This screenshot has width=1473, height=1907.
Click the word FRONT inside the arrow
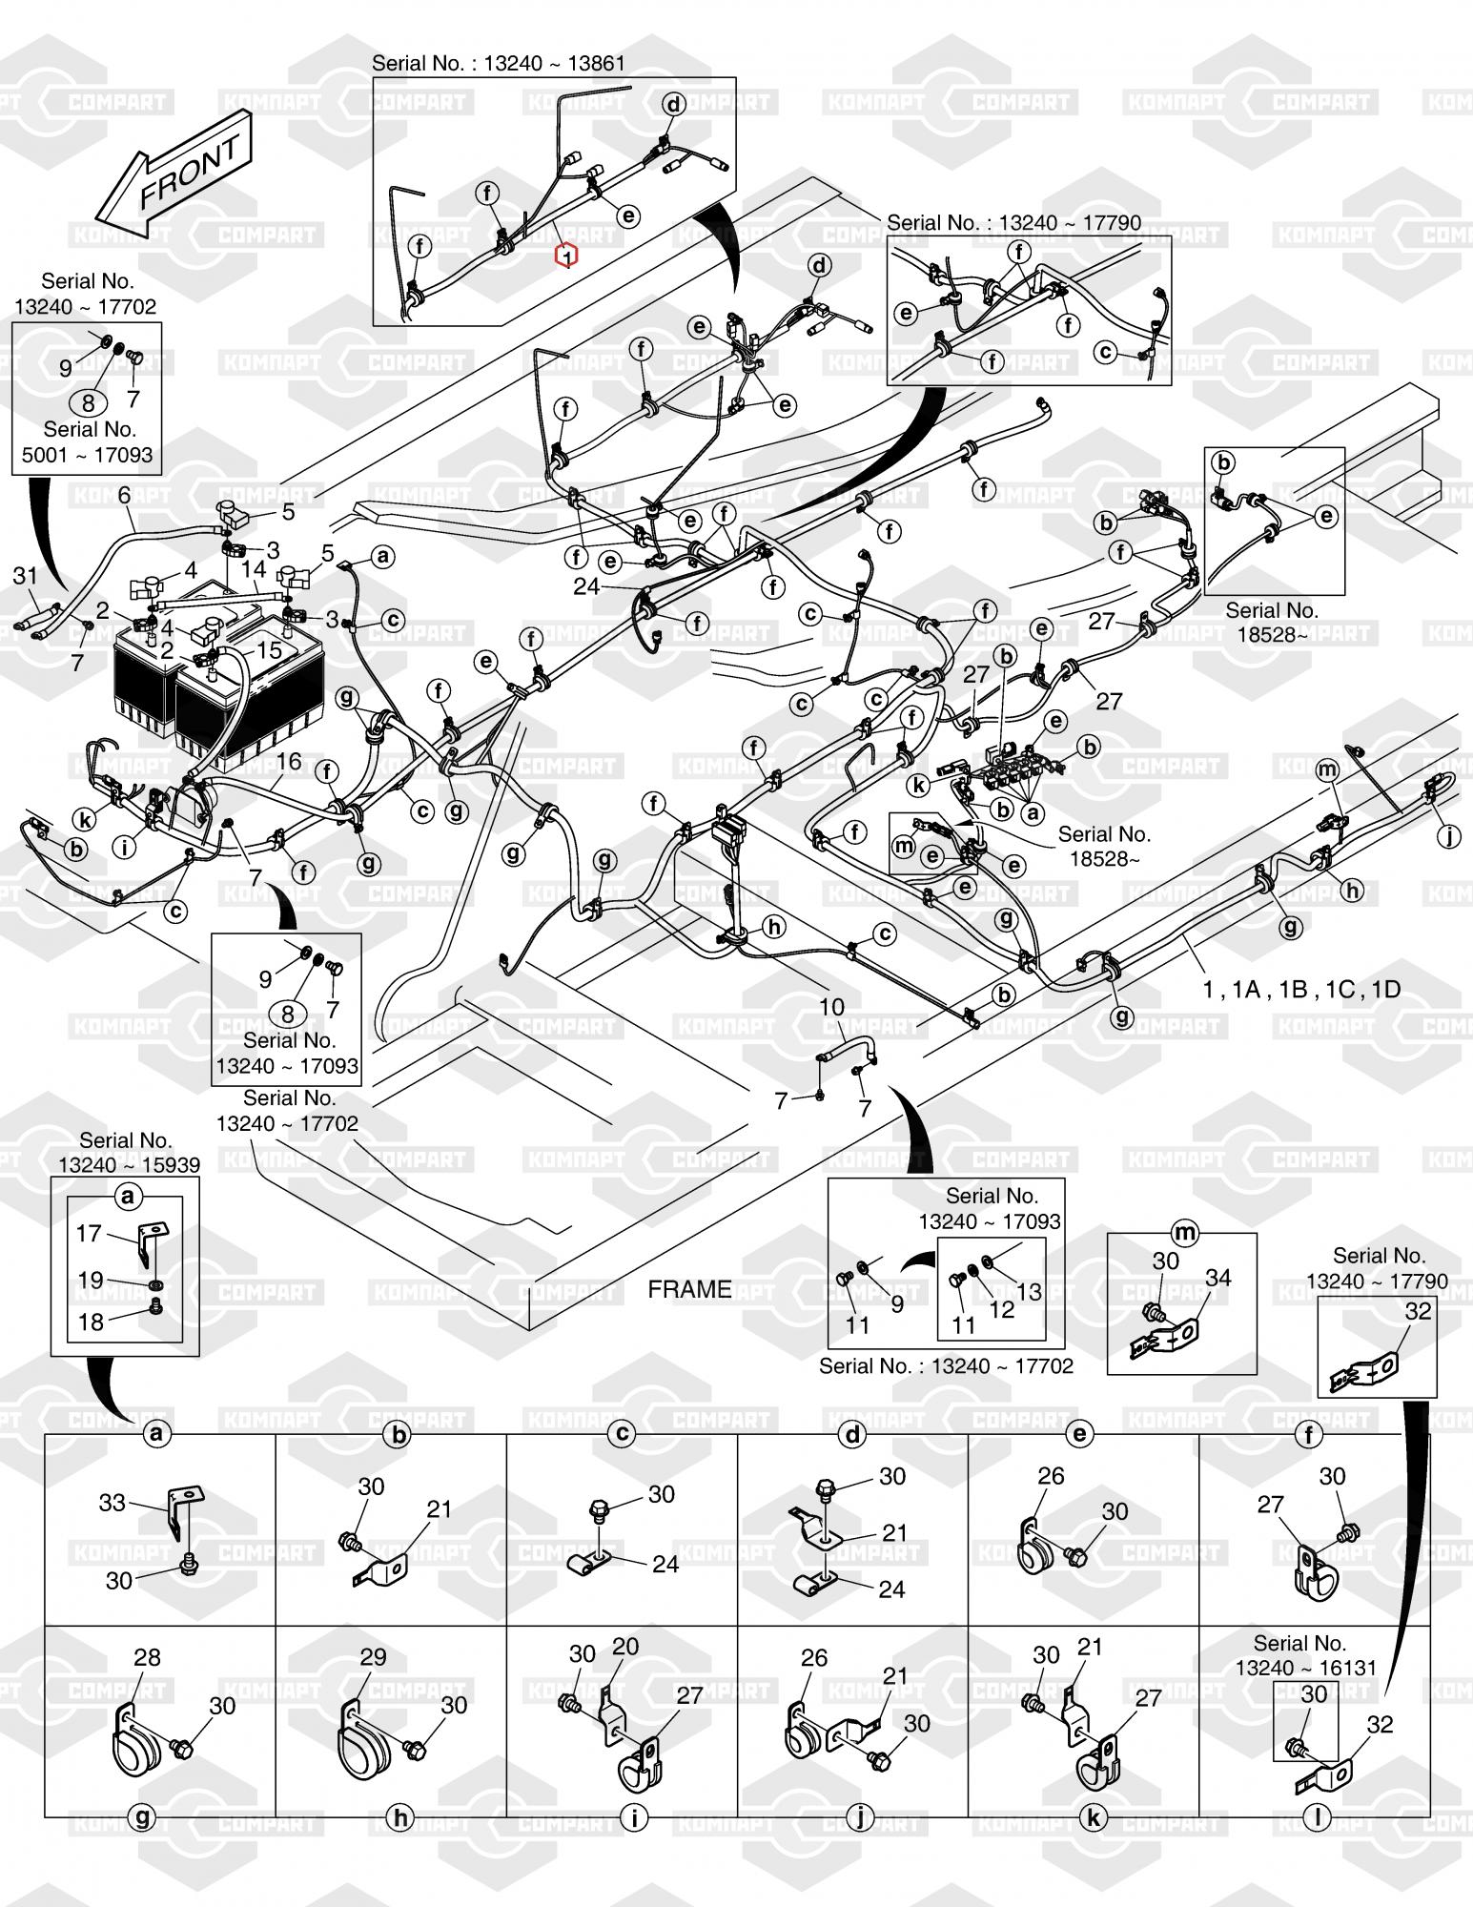tap(191, 173)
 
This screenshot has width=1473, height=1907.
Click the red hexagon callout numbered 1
tap(567, 256)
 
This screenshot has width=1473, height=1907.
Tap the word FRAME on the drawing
tap(689, 1289)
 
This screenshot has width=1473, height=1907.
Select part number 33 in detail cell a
tap(113, 1503)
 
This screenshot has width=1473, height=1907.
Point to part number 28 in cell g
tap(147, 1657)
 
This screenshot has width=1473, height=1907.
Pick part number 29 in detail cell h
tap(373, 1657)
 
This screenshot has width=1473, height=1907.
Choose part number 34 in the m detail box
tap(1218, 1278)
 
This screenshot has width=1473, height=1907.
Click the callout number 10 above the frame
tap(831, 1007)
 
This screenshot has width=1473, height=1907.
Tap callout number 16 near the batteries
tap(289, 760)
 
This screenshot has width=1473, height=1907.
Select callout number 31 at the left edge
tap(25, 575)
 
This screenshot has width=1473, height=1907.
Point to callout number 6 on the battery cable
tap(124, 495)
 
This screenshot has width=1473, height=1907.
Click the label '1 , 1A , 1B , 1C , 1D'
tap(1301, 989)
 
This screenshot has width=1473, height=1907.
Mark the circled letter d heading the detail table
tap(852, 1433)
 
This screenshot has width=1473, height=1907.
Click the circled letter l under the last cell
tap(1317, 1817)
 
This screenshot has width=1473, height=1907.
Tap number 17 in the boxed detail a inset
tap(90, 1233)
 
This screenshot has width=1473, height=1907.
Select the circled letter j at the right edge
tap(1449, 836)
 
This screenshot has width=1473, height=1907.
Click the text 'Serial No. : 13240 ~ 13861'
tap(499, 64)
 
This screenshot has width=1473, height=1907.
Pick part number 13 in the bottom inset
tap(1030, 1291)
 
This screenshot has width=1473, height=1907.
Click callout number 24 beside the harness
tap(586, 586)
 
